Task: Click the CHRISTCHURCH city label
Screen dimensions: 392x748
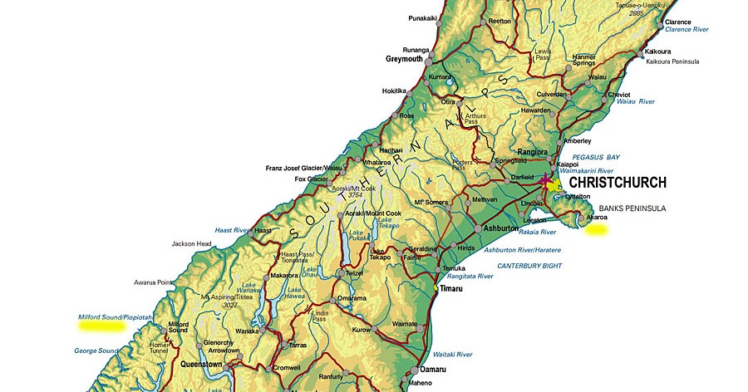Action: [617, 182]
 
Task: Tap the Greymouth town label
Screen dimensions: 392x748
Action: [405, 60]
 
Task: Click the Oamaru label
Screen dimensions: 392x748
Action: [432, 369]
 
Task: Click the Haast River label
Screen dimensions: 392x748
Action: [232, 230]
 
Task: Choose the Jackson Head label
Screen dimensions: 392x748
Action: [191, 243]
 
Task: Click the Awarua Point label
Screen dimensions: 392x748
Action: [155, 282]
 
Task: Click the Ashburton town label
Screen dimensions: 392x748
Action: [501, 228]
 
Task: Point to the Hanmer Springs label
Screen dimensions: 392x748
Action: [583, 59]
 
